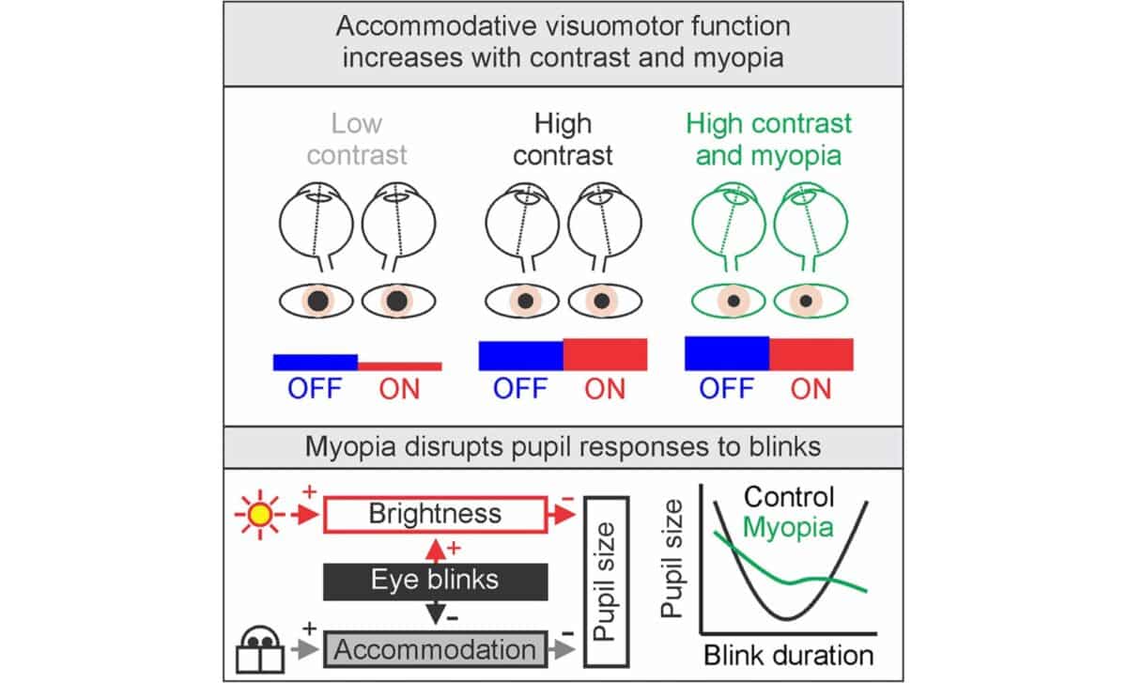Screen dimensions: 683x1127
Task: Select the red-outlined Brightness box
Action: (435, 515)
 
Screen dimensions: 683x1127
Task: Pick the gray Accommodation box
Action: (435, 649)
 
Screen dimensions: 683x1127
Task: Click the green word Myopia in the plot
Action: (788, 527)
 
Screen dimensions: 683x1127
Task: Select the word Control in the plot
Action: (788, 497)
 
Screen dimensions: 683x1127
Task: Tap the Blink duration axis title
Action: (788, 654)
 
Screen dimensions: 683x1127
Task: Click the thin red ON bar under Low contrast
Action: (399, 365)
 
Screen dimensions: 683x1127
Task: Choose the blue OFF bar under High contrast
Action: (520, 355)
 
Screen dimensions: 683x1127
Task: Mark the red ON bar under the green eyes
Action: (811, 354)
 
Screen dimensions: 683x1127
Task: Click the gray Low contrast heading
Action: (357, 139)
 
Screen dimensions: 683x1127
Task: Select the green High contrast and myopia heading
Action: (768, 139)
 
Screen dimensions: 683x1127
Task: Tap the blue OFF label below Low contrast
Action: (316, 389)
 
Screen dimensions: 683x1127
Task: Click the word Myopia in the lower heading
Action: (356, 446)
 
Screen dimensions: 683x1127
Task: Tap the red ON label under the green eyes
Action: (811, 389)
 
